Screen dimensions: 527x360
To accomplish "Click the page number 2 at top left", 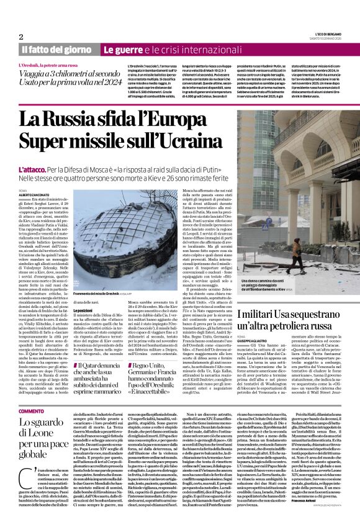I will pos(21,37).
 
